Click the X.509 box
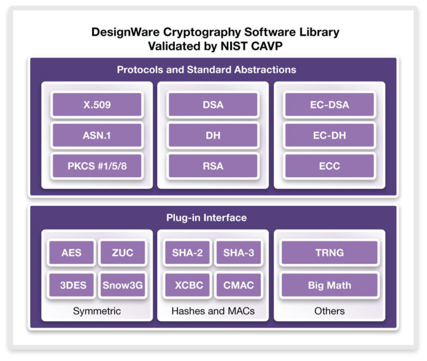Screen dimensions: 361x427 [x=97, y=105]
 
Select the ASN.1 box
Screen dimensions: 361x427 [x=97, y=135]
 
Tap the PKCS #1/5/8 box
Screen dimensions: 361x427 [x=97, y=166]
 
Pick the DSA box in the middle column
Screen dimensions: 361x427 [x=213, y=105]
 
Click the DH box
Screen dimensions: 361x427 [x=213, y=135]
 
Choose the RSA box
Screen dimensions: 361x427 [x=213, y=166]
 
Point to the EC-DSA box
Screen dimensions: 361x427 [x=329, y=105]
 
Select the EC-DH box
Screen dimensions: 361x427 [x=329, y=135]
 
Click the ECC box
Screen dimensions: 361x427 [x=329, y=166]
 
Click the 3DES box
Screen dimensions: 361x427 [x=72, y=285]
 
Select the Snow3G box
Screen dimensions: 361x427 [x=123, y=285]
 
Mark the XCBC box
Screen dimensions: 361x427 [x=188, y=285]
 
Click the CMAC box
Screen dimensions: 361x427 [x=239, y=285]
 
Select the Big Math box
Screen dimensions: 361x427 [x=329, y=285]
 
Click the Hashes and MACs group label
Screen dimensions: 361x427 [x=213, y=311]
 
